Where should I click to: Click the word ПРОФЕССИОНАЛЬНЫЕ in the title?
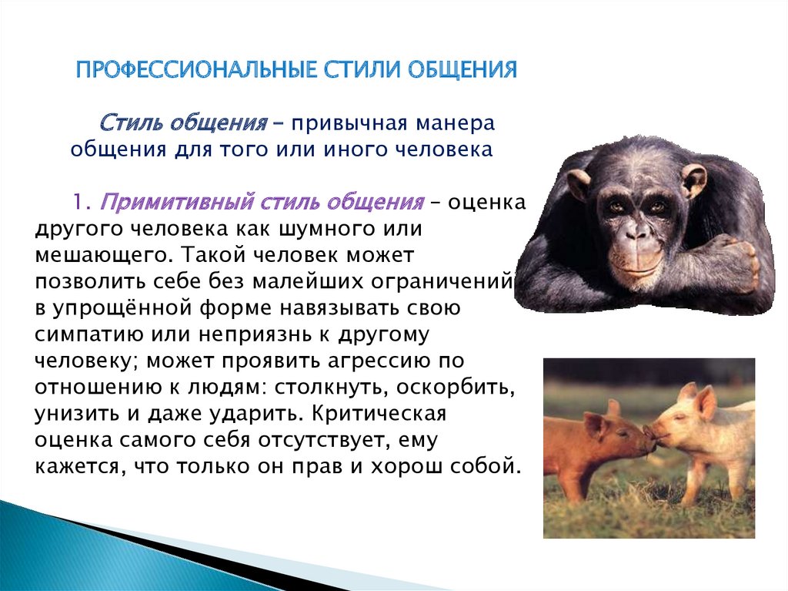point(197,69)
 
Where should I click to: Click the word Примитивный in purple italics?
point(177,203)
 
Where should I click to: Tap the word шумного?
point(327,230)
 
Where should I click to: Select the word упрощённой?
point(122,308)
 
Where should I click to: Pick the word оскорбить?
point(456,387)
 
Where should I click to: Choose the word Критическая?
point(379,414)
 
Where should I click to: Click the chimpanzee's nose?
point(636,232)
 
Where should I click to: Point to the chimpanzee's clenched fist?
point(739,262)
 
